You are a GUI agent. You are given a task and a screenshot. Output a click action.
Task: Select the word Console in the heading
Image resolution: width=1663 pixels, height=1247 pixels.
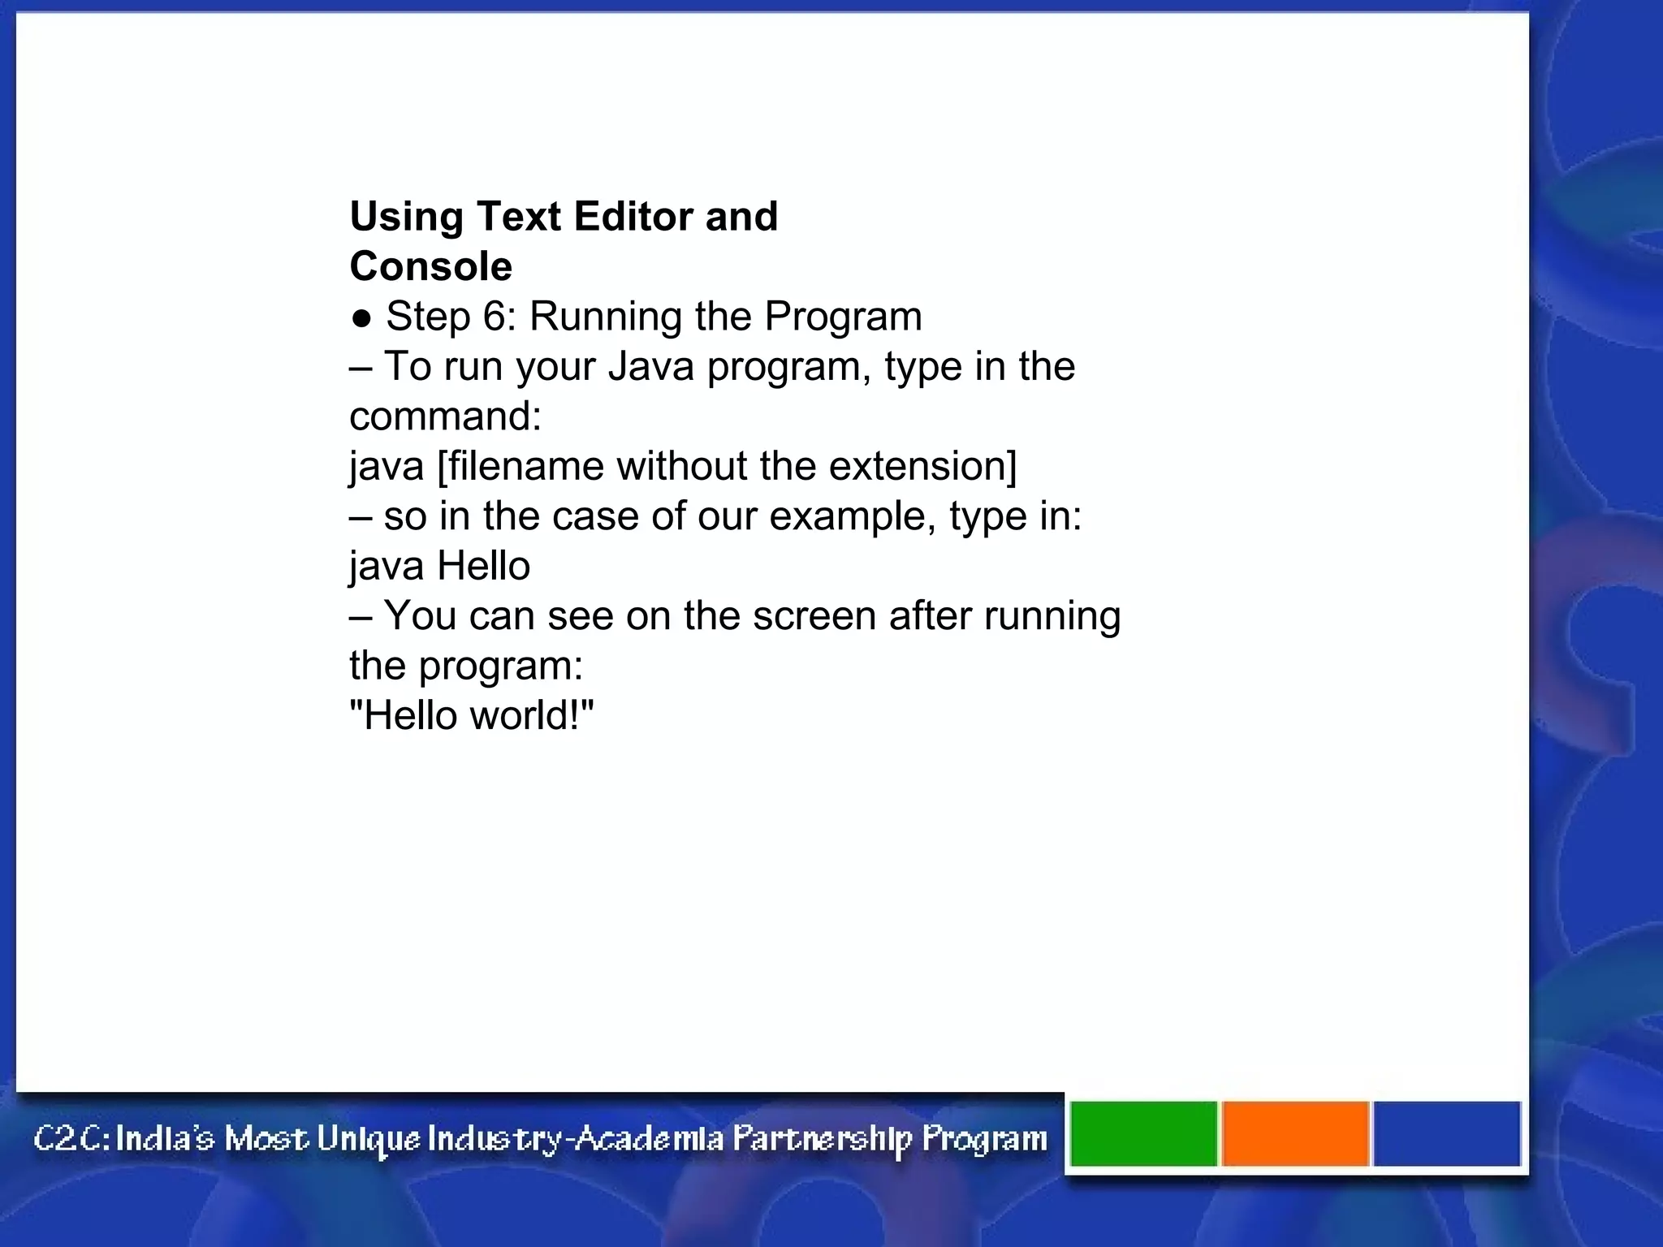(430, 266)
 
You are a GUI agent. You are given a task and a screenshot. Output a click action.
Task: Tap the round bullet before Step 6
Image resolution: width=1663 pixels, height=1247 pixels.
(361, 318)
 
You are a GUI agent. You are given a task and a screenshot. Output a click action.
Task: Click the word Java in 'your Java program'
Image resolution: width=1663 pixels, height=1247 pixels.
(650, 366)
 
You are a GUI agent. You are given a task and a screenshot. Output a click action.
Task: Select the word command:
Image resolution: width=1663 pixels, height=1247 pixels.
(445, 416)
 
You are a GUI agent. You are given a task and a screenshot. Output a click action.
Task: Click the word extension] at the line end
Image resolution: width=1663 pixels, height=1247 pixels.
(922, 467)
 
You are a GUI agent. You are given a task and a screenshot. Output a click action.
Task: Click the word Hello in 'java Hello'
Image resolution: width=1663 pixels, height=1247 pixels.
(484, 566)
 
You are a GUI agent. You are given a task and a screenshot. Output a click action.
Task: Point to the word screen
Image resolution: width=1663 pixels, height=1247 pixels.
(814, 616)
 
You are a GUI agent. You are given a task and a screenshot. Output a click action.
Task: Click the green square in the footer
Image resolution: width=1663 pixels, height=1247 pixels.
(1143, 1133)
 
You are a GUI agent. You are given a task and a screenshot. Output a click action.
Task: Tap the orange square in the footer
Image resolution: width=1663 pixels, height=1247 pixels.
(1295, 1133)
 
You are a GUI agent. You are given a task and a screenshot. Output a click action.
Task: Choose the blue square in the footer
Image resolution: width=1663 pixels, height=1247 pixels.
(1446, 1133)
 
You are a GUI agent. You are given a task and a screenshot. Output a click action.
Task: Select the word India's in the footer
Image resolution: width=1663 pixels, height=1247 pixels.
(165, 1138)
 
